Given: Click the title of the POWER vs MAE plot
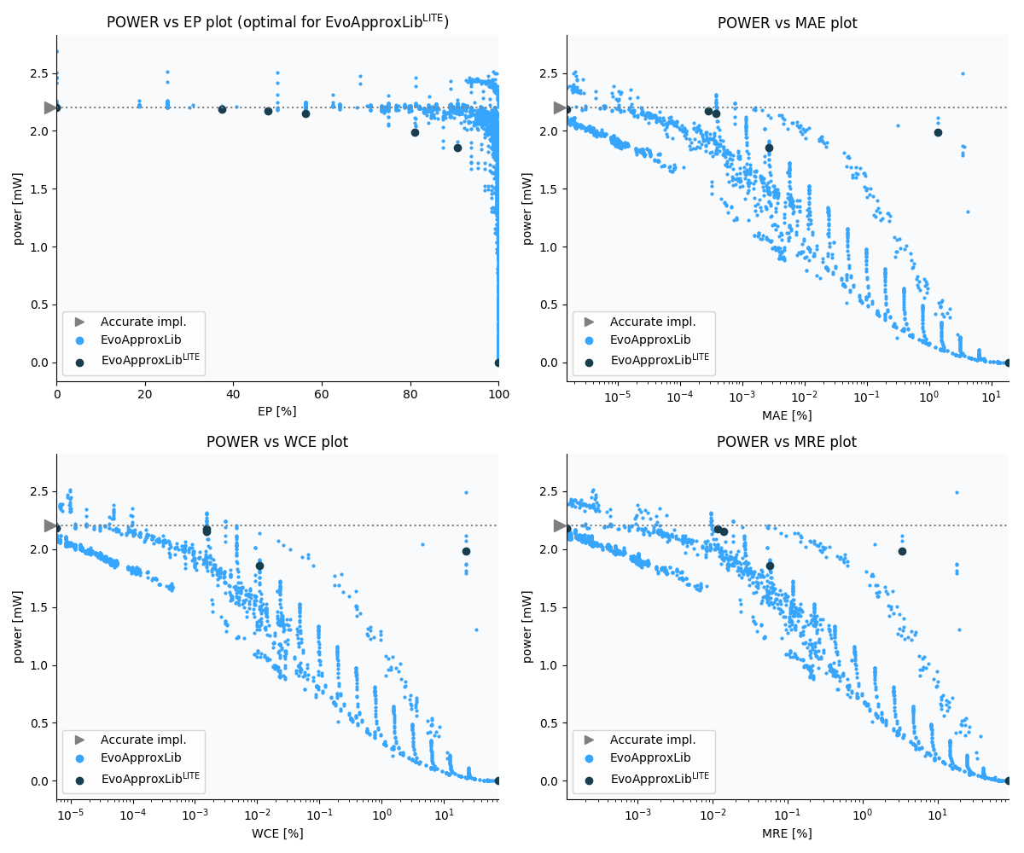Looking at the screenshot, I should point(787,23).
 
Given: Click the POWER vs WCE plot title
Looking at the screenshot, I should point(276,442).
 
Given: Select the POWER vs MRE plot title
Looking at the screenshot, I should point(786,442).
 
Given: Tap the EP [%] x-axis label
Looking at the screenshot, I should point(276,411).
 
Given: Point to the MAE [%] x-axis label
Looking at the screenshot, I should point(786,415).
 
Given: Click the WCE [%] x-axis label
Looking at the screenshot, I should point(276,833).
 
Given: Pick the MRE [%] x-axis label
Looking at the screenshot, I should point(786,833).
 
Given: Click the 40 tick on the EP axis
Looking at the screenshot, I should point(233,394).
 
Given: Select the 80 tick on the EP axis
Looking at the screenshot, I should point(410,394).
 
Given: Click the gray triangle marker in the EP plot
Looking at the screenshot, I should point(50,107).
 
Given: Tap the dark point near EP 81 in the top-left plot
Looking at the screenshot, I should point(415,132).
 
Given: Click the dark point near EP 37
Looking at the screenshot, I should point(222,109).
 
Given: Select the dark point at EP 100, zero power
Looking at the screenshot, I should point(498,363).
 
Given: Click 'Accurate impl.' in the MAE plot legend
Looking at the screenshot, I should point(653,322).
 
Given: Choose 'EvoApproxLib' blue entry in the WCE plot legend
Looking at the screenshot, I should point(141,757).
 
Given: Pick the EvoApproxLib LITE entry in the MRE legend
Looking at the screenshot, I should point(660,779).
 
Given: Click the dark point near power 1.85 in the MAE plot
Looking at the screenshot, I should point(769,148).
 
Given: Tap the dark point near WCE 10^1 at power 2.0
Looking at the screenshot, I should point(466,551).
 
